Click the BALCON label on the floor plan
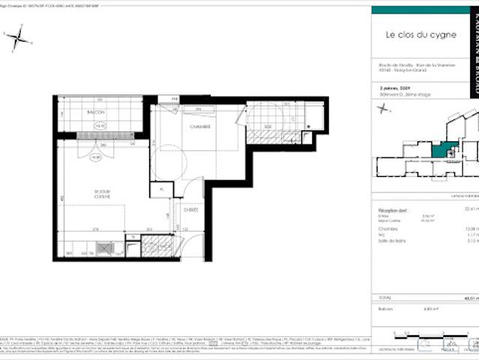(x=95, y=112)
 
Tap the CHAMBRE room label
(x=199, y=127)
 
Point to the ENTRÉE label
(x=191, y=209)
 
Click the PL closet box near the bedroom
(x=161, y=190)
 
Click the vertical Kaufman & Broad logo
(x=472, y=45)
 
